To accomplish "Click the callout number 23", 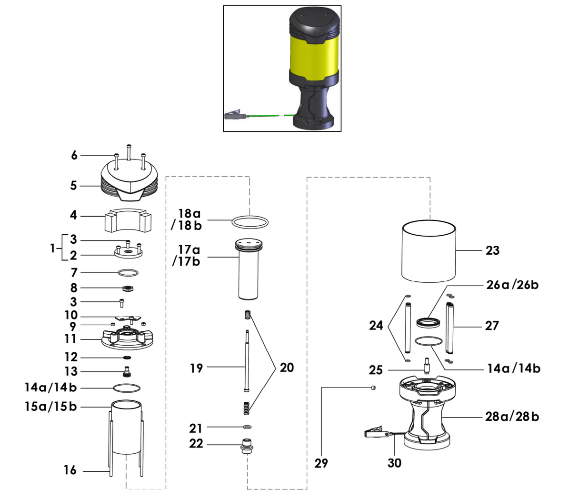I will tap(492, 250).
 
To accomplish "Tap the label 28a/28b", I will tap(512, 417).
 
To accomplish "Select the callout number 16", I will tap(70, 470).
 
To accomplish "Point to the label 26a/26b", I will tap(512, 285).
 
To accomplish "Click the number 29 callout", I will tap(321, 463).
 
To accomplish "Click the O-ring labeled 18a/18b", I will tap(249, 221).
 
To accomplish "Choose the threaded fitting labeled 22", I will tap(247, 447).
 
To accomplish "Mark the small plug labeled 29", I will tap(374, 388).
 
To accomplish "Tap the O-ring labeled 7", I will tap(128, 273).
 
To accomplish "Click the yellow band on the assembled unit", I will tap(314, 53).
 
